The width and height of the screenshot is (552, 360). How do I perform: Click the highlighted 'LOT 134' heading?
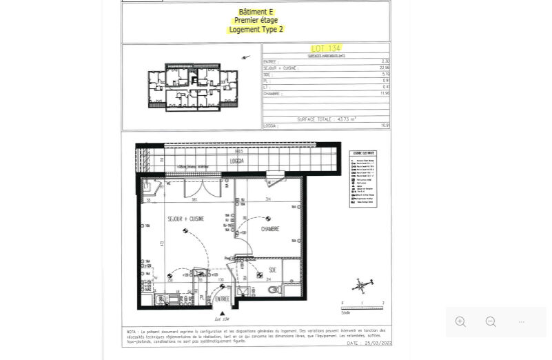[326, 48]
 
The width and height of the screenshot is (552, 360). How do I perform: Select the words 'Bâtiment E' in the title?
[256, 12]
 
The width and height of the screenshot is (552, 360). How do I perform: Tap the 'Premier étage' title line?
[256, 21]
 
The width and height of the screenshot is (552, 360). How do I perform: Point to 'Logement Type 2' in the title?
[256, 30]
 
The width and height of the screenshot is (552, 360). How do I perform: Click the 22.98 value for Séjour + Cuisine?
[385, 68]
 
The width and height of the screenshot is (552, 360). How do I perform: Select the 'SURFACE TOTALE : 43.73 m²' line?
[326, 119]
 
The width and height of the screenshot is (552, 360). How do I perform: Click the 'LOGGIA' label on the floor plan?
[238, 160]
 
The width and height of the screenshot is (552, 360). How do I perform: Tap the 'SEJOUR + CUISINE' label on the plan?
[185, 219]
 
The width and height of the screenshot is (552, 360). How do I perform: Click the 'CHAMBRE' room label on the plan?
[269, 228]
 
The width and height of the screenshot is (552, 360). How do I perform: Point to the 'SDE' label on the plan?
[272, 270]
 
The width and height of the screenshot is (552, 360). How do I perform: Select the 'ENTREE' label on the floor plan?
[222, 299]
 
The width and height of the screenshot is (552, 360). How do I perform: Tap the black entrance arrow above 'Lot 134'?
[221, 312]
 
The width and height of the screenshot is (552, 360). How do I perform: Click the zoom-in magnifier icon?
[460, 322]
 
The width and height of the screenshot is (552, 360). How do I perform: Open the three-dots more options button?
[522, 322]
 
